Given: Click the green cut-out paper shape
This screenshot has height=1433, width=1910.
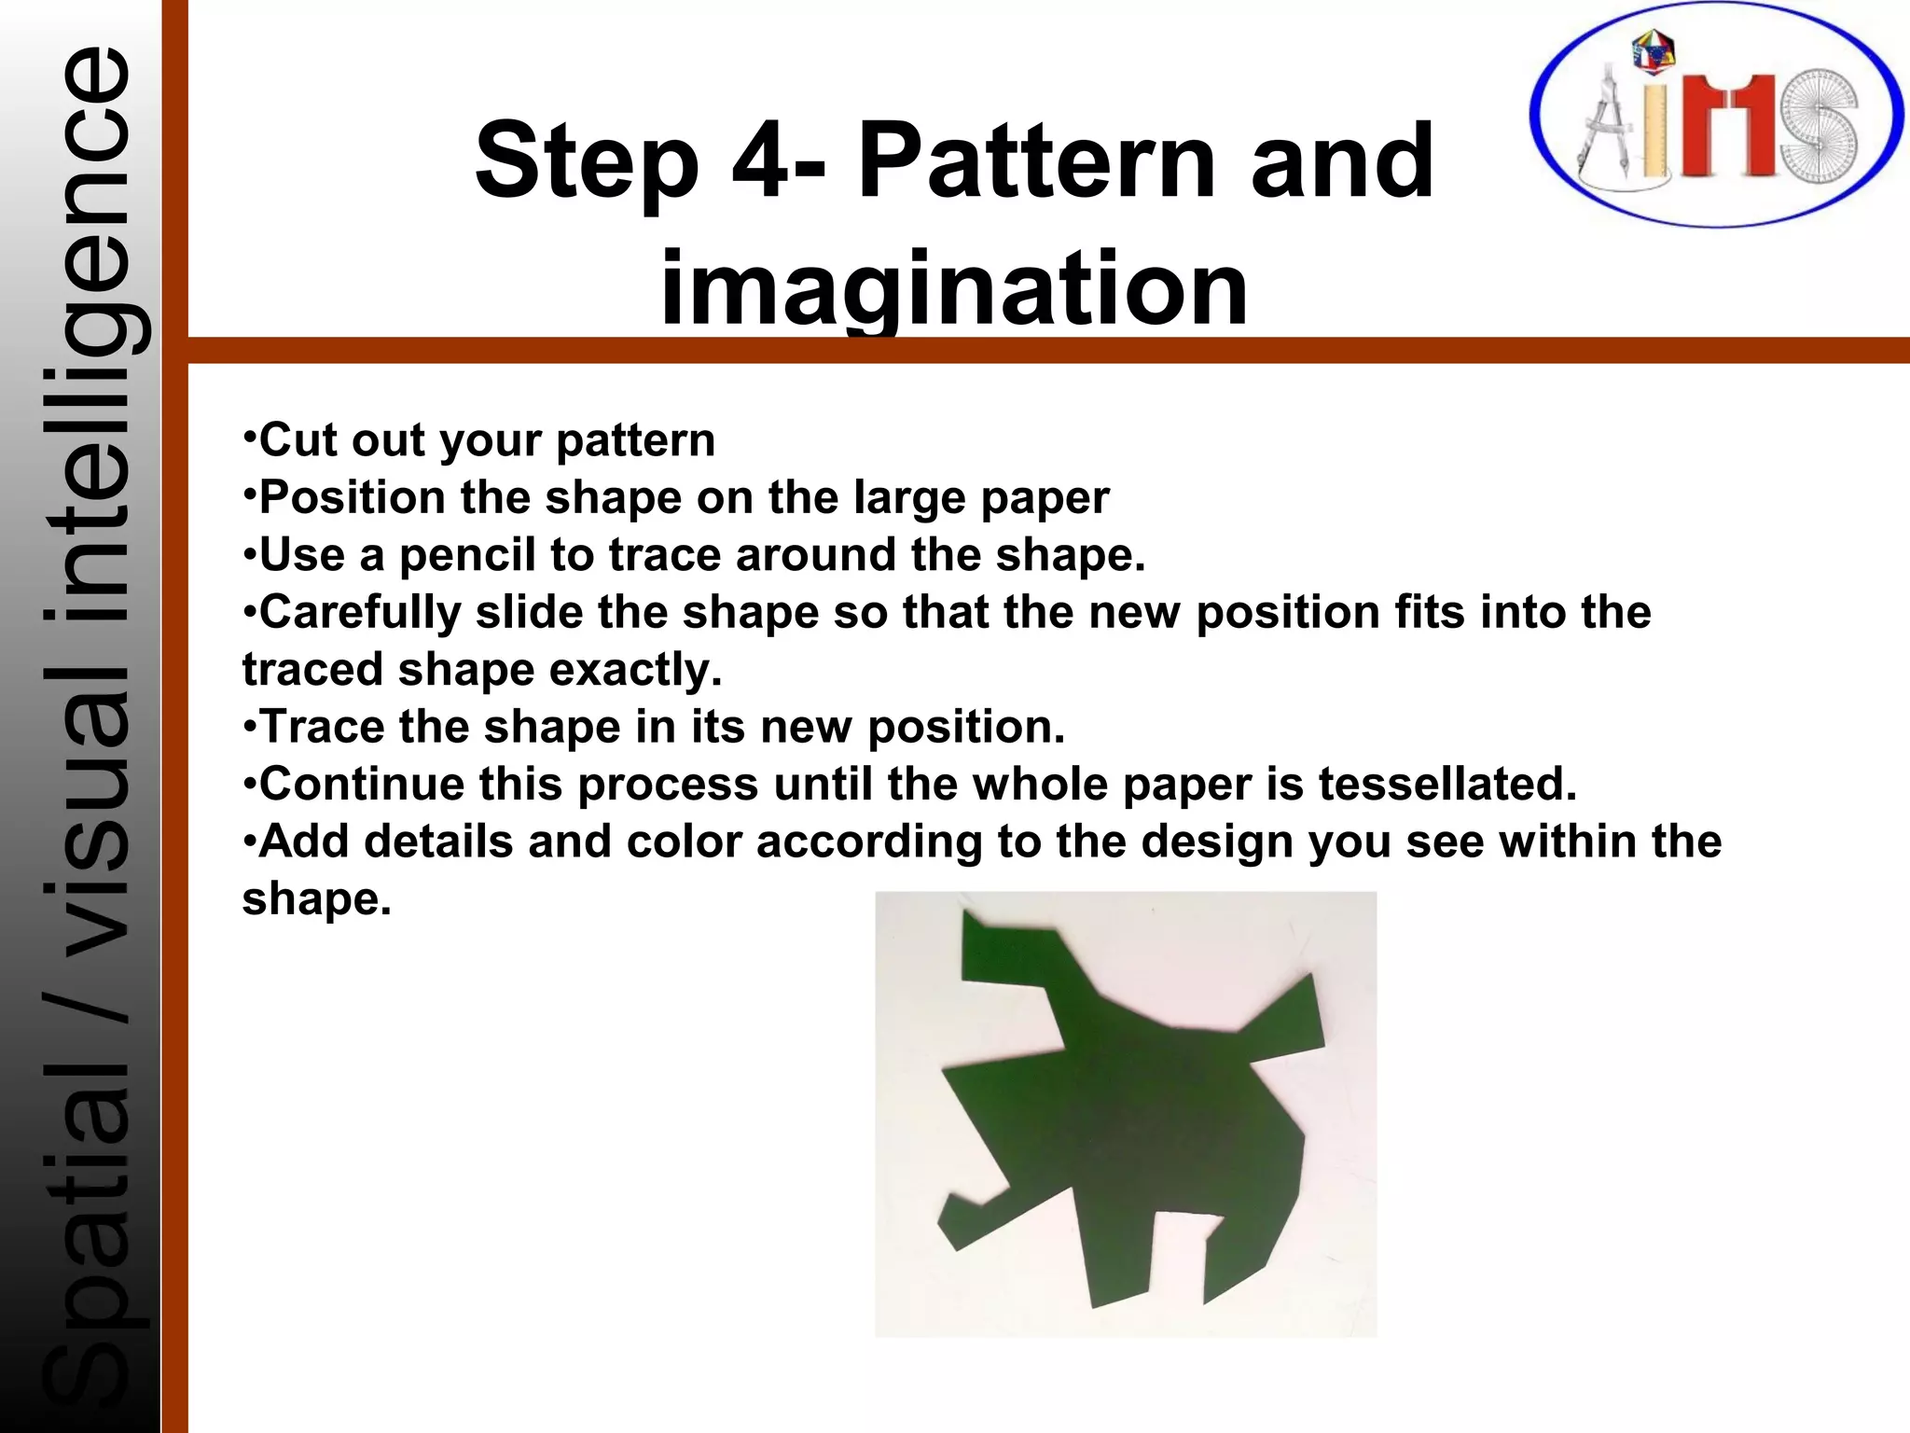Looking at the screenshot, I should point(1119,1120).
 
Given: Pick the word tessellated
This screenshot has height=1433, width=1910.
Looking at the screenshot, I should point(1446,784).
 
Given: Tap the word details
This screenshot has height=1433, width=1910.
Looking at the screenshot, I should point(438,842).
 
